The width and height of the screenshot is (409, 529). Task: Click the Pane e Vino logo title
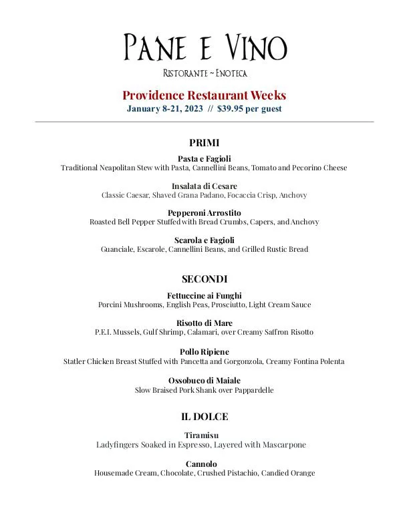204,47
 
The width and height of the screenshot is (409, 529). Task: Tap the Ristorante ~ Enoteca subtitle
204,73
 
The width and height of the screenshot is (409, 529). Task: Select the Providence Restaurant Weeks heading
204,95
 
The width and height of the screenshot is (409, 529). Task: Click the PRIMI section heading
204,143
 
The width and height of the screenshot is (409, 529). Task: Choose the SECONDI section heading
204,279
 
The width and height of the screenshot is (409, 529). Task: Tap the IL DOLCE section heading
204,417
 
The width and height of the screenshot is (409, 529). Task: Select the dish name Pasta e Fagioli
204,158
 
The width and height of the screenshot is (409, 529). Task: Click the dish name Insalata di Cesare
204,186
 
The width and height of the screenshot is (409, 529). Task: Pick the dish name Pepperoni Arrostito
204,213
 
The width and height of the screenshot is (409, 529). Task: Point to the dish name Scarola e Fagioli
204,240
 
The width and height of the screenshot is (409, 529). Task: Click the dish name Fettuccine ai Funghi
204,296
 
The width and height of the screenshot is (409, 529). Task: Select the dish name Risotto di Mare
204,323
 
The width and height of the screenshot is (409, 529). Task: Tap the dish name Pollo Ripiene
204,352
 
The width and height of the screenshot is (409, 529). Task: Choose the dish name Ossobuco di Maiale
204,381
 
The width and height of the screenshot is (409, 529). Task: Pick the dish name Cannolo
204,464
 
